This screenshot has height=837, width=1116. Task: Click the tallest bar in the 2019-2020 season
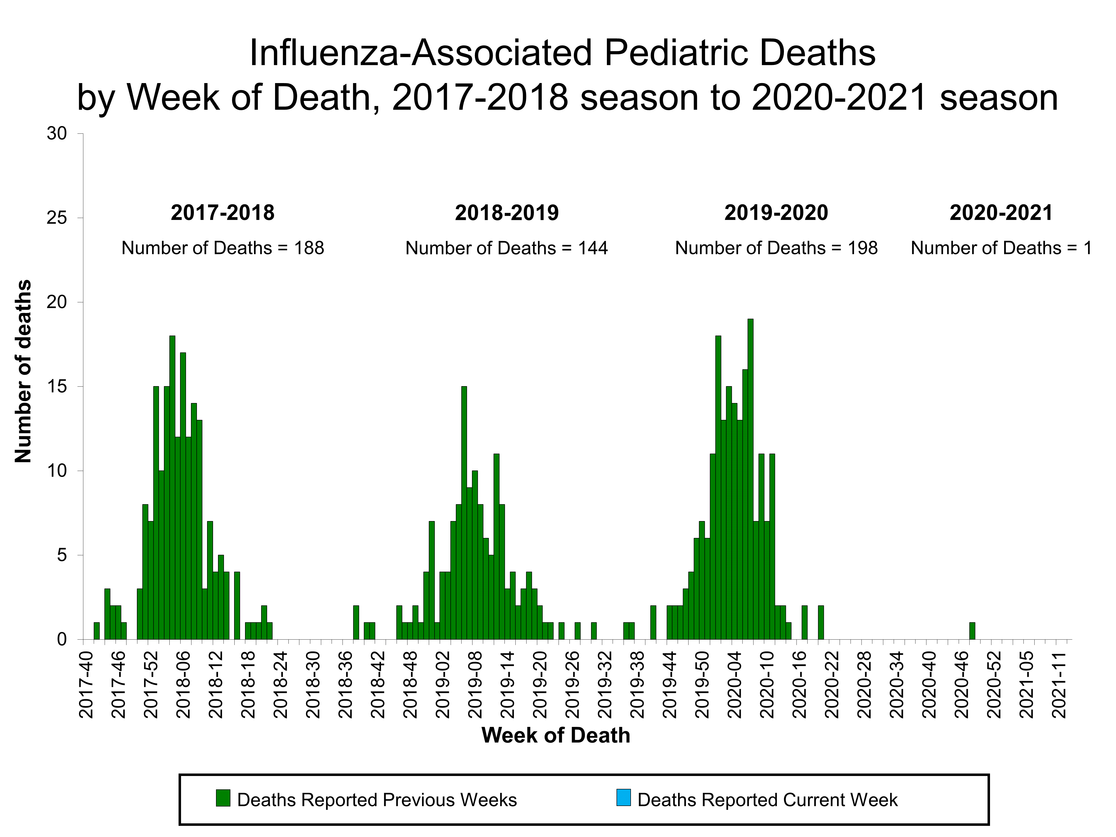click(750, 479)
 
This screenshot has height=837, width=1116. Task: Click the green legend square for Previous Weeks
click(223, 798)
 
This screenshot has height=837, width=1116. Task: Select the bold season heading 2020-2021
click(1001, 213)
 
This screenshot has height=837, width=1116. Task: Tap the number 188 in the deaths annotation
click(309, 248)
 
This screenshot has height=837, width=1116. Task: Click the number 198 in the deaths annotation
click(862, 248)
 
